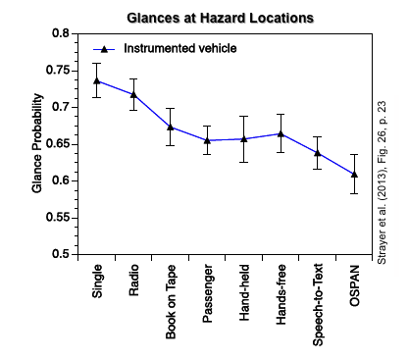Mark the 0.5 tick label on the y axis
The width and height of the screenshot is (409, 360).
point(61,254)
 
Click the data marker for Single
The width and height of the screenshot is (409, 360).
point(96,80)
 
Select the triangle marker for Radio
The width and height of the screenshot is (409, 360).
point(133,94)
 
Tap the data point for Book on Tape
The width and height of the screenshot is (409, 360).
point(171,127)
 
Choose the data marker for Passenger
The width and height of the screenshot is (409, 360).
point(207,140)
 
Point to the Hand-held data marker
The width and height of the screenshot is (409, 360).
point(244,139)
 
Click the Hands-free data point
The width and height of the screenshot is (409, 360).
point(281,133)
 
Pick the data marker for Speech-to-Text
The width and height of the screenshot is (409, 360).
point(318,153)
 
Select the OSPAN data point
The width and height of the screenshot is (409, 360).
point(354,174)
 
